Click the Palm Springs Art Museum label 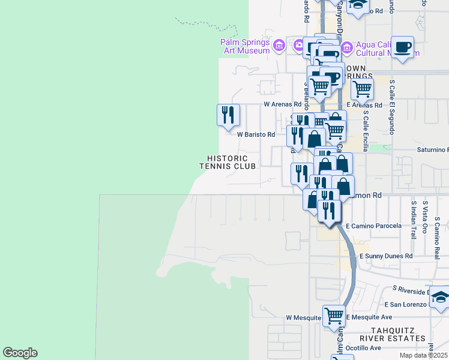tap(246, 46)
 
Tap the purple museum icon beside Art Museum tap(279, 46)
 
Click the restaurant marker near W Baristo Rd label tap(228, 115)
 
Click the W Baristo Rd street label tap(256, 135)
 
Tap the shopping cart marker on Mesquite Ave tap(334, 316)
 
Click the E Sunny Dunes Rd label tap(386, 256)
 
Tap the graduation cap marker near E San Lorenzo tap(440, 298)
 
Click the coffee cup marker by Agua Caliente tap(403, 47)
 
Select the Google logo tap(20, 353)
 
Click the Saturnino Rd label tap(432, 149)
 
